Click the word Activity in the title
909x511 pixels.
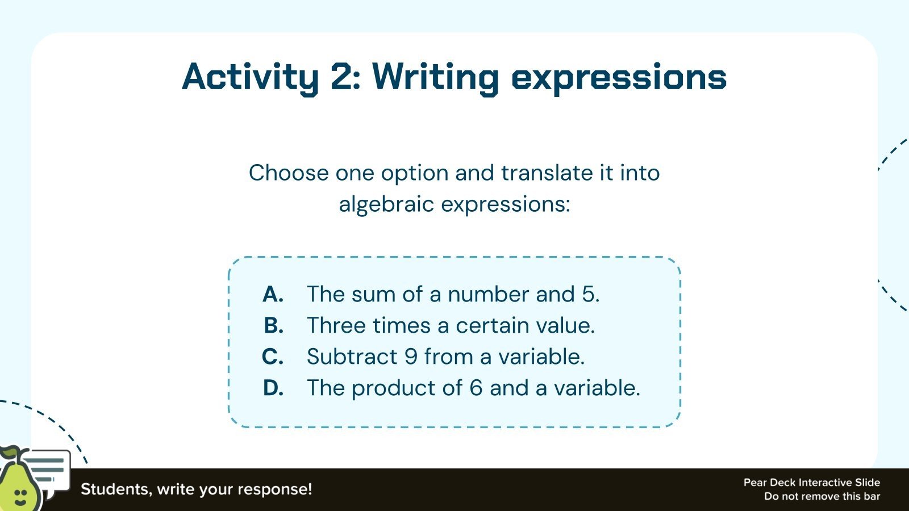[x=250, y=78]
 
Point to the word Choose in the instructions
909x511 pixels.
[x=289, y=173]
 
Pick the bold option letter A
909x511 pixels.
[x=273, y=294]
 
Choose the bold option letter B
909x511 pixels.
[x=273, y=325]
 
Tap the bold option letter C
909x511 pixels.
[x=273, y=357]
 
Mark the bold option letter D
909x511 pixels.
[x=273, y=388]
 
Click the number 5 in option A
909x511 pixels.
[x=589, y=294]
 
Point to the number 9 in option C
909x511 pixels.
[x=411, y=357]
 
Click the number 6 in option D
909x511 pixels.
[x=476, y=388]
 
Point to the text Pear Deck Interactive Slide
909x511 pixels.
[x=812, y=483]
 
